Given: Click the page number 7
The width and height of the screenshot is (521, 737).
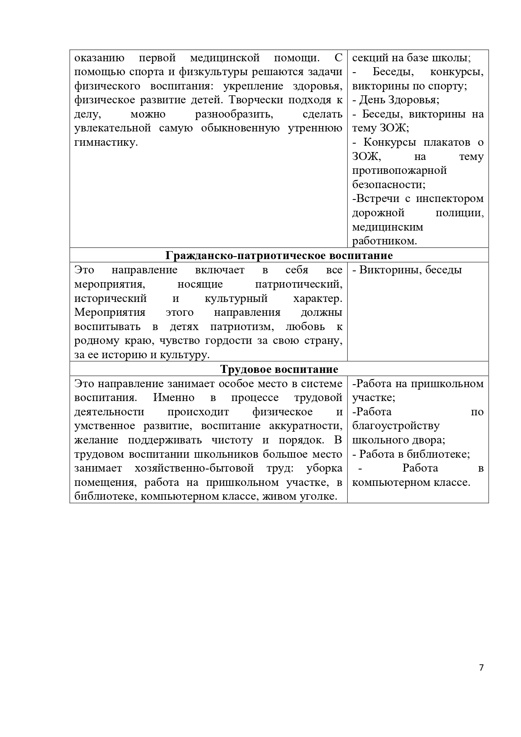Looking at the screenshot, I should [481, 668].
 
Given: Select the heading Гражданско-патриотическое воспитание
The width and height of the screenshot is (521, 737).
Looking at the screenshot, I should [279, 255].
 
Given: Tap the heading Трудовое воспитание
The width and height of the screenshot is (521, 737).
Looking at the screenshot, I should [279, 369].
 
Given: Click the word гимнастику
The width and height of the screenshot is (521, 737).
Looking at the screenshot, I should [106, 142].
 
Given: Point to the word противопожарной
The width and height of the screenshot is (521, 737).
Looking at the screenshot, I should [399, 170].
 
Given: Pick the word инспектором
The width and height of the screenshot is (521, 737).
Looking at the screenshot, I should [450, 199].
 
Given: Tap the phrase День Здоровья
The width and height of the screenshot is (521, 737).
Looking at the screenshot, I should [399, 100].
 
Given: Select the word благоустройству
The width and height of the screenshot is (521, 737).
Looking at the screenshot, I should [396, 426].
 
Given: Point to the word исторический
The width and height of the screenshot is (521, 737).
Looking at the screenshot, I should [110, 299].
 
